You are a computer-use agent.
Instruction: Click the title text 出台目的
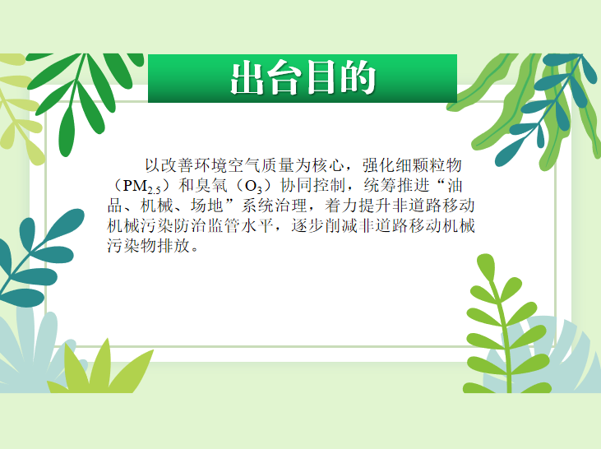(x=303, y=78)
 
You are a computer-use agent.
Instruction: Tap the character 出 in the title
(x=247, y=78)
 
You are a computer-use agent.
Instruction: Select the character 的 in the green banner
(x=358, y=78)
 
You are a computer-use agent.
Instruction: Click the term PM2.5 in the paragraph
(x=141, y=187)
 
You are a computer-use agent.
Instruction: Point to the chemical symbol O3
(x=253, y=187)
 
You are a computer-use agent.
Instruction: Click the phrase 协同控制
(x=313, y=186)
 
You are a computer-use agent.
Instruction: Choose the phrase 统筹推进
(x=397, y=186)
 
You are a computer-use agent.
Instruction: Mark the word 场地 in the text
(x=207, y=206)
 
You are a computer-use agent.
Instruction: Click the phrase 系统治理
(x=275, y=206)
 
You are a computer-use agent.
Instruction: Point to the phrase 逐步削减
(x=324, y=226)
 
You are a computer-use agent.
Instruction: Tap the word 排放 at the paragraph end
(x=174, y=246)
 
